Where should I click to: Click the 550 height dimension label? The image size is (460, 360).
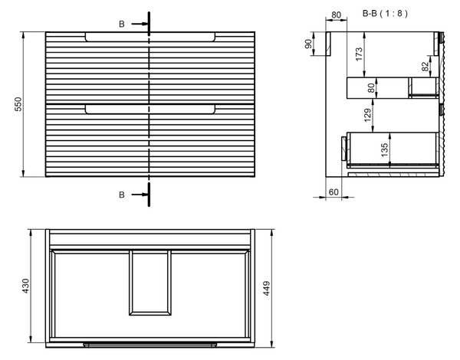pos(17,105)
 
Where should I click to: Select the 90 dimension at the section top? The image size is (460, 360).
pos(310,44)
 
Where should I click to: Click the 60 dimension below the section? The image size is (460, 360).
pos(334,191)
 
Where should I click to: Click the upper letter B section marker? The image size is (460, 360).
pos(121,25)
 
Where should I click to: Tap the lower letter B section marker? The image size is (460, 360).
pos(121,195)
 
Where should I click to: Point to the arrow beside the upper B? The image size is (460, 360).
pos(140,25)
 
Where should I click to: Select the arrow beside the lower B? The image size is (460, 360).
pos(140,195)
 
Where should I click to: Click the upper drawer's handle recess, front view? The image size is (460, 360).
pos(150,37)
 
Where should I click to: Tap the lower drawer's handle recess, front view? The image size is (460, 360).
pos(150,109)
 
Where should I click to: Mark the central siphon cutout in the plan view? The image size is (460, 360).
pos(150,282)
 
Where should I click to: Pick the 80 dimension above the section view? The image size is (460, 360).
pos(337,15)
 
